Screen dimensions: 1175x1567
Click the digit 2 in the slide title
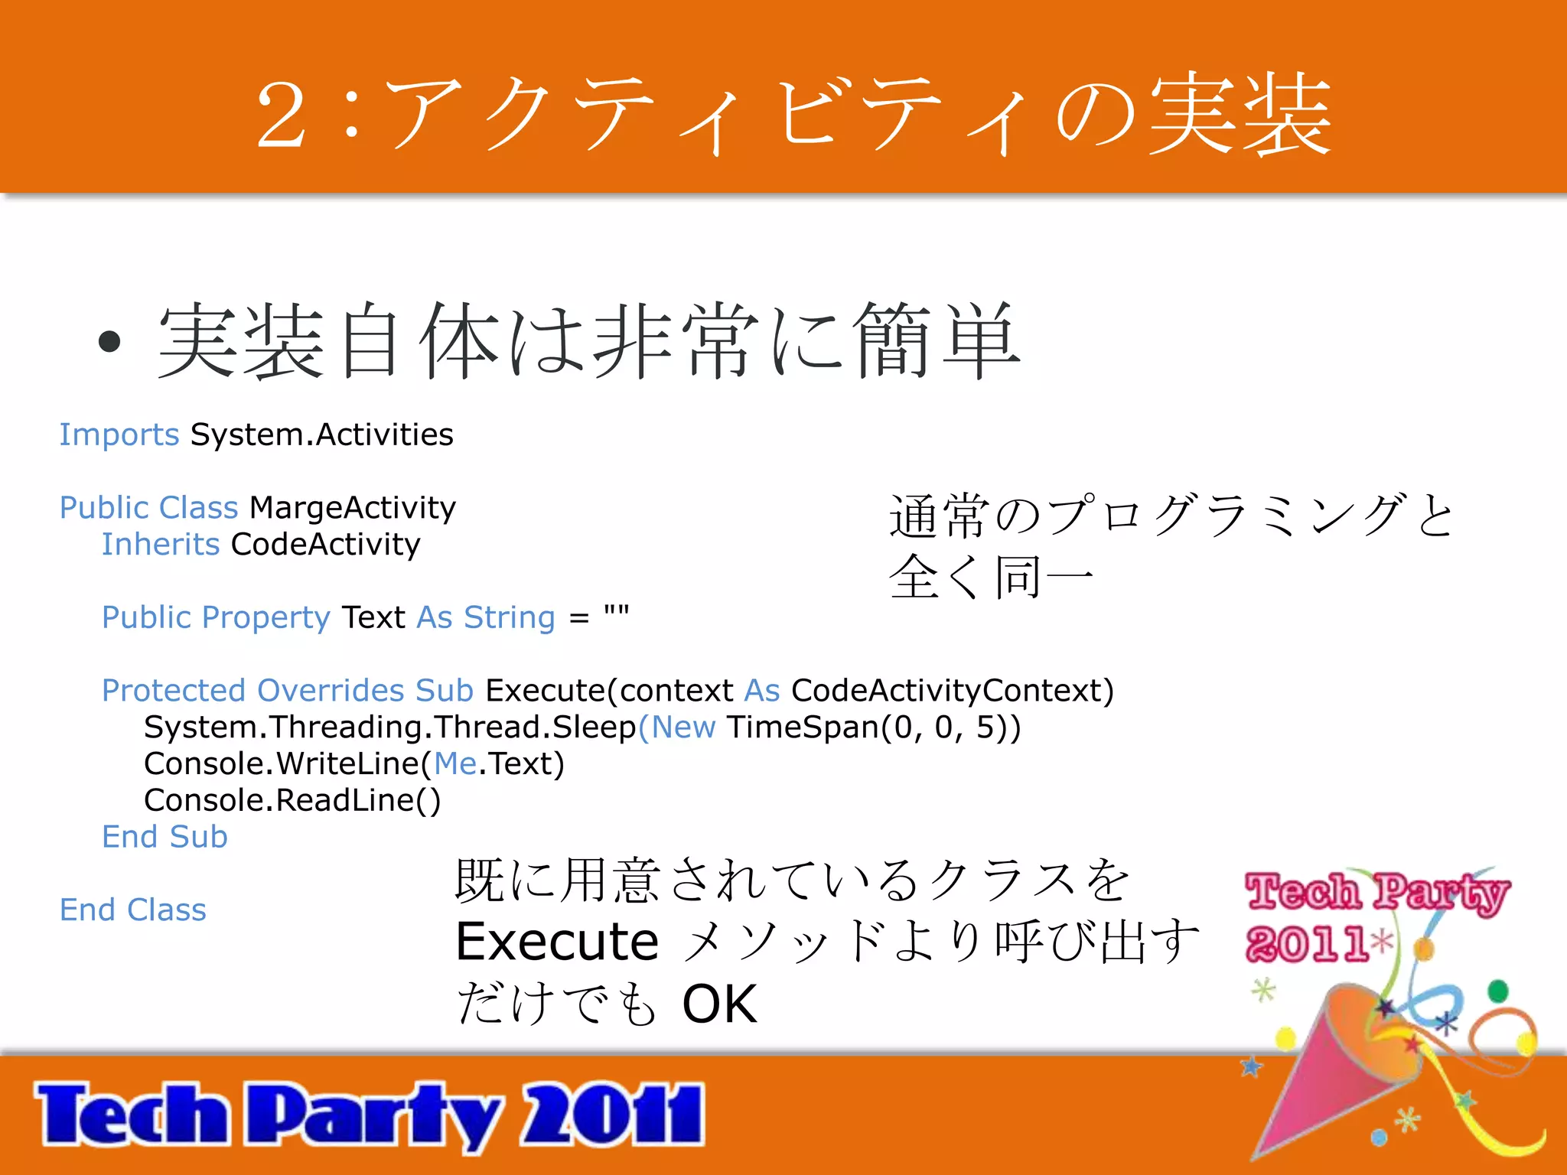(x=282, y=116)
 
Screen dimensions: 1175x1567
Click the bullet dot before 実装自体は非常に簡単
(x=110, y=342)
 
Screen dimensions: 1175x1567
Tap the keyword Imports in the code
(x=119, y=435)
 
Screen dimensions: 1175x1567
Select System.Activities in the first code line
(x=321, y=435)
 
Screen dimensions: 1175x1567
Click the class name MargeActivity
(x=353, y=508)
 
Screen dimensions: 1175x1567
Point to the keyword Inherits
(x=161, y=545)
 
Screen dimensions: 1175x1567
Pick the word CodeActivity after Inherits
(x=326, y=545)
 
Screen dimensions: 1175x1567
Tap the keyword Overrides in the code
(x=331, y=691)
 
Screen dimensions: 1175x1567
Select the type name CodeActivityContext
(x=952, y=691)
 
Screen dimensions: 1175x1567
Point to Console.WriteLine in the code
(x=282, y=764)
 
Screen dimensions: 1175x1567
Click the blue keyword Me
(x=456, y=764)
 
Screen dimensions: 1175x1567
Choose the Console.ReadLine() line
(x=292, y=801)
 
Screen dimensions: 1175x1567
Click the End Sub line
(x=165, y=837)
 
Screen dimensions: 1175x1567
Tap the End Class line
(x=133, y=910)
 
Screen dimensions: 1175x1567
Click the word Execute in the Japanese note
(x=557, y=942)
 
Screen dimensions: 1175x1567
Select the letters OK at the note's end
(x=719, y=1004)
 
